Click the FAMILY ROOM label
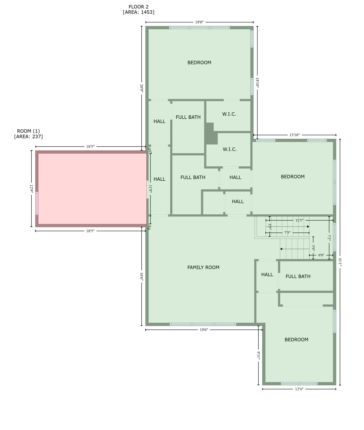point(203,267)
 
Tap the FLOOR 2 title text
point(138,7)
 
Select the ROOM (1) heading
point(28,131)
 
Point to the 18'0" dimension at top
point(199,22)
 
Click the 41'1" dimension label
point(340,262)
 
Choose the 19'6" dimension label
point(204,330)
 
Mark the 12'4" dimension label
point(299,389)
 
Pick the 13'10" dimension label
point(294,135)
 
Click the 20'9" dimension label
point(142,88)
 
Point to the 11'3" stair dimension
point(299,220)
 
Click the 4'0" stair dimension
point(321,255)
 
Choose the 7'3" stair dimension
point(287,233)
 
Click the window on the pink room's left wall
point(37,203)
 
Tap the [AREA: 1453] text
point(138,12)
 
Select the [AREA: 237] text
point(28,137)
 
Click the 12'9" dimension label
point(32,189)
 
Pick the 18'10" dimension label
point(257,83)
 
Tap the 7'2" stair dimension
point(329,238)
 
